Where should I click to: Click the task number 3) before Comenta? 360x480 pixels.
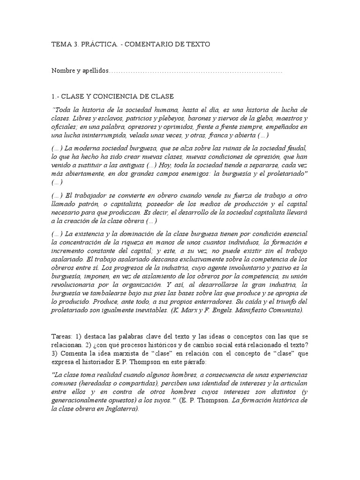[55, 354]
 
